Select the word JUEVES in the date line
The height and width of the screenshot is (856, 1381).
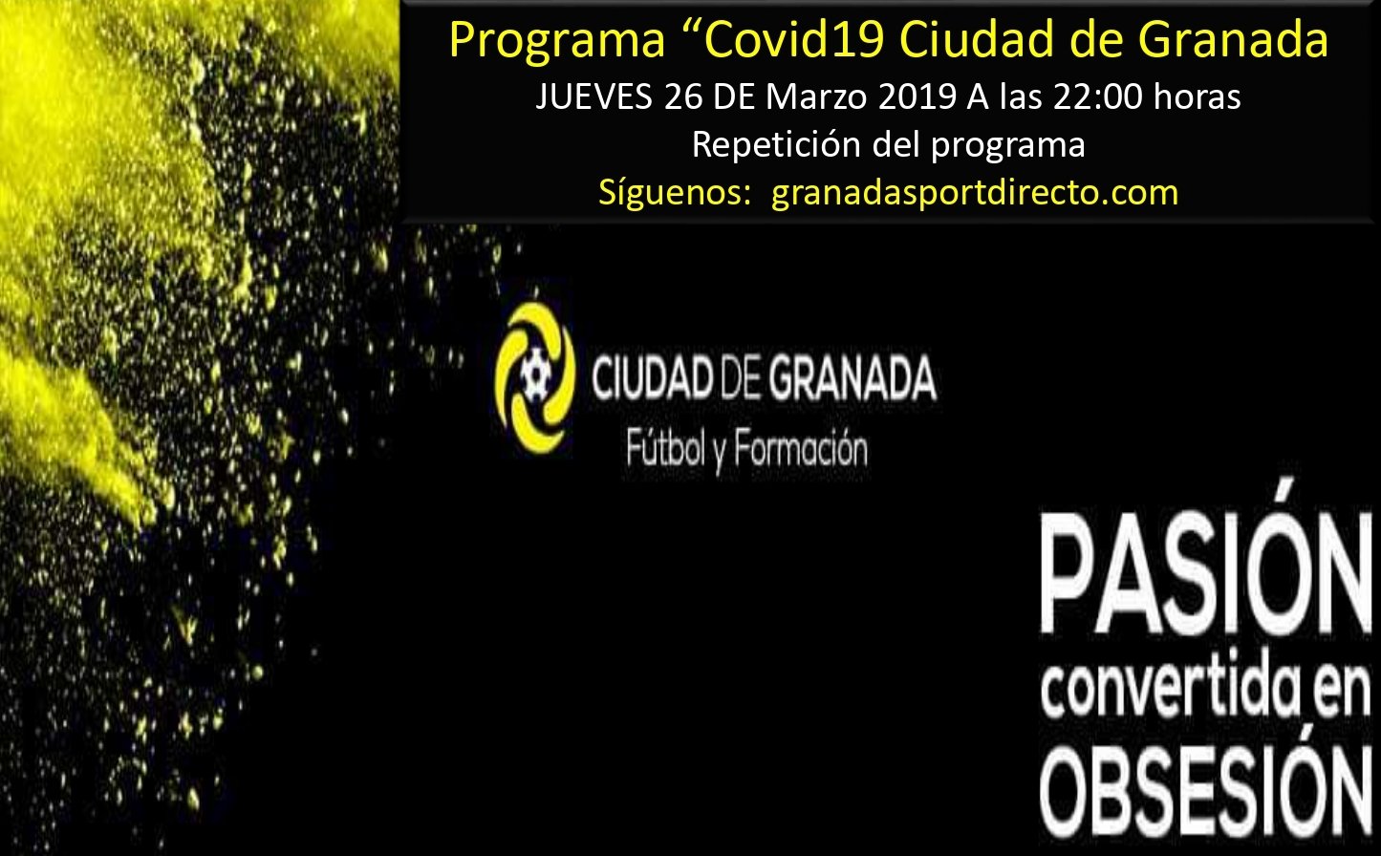593,97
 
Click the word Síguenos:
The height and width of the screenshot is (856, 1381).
674,193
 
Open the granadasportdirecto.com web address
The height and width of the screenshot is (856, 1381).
975,194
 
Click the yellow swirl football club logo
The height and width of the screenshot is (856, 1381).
535,377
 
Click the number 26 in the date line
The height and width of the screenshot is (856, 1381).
683,97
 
